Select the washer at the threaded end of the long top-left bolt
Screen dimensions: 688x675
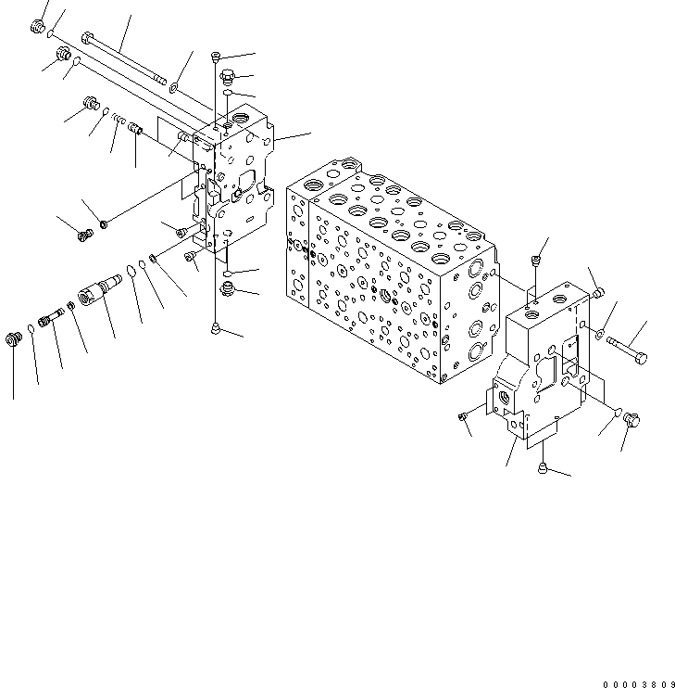(x=173, y=88)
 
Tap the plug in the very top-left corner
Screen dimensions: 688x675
(x=39, y=28)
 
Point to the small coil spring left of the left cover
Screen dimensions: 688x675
(x=116, y=118)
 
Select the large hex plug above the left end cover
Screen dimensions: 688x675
(x=228, y=76)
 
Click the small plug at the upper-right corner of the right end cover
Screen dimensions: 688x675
(x=597, y=293)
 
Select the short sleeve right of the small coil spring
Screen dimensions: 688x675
(x=134, y=131)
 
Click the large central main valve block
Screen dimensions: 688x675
(x=389, y=278)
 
